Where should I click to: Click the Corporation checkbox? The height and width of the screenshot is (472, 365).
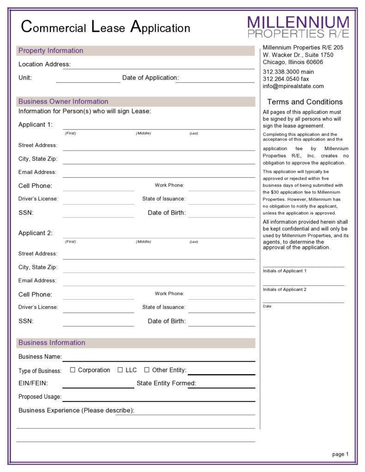(73, 370)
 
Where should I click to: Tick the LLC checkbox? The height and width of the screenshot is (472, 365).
(120, 370)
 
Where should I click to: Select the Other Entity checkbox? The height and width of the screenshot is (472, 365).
(147, 370)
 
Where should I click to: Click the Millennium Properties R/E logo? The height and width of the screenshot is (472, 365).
(298, 27)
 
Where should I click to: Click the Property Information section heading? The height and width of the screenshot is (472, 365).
(51, 51)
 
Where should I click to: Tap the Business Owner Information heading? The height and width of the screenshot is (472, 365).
(63, 102)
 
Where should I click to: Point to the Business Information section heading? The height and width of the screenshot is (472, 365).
(52, 343)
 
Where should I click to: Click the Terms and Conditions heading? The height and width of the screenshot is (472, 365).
(305, 102)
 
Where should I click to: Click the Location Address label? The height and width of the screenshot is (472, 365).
(44, 64)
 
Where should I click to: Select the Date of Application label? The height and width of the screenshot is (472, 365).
(150, 78)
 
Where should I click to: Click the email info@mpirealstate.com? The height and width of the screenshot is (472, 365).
(293, 86)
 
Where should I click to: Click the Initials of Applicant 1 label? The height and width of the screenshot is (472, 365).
(285, 271)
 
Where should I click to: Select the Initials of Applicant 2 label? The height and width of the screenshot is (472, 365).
(285, 290)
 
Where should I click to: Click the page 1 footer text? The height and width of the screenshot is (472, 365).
(340, 454)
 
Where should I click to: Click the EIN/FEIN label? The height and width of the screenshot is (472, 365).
(33, 383)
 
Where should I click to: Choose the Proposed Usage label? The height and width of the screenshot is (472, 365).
(40, 397)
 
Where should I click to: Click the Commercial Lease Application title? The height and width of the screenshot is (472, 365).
(106, 27)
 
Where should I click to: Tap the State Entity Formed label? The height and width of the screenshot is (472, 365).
(166, 383)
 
